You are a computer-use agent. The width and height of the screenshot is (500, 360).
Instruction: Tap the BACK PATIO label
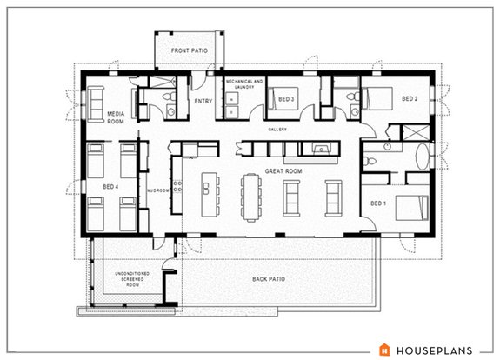[269, 278]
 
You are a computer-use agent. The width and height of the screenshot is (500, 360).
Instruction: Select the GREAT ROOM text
[283, 172]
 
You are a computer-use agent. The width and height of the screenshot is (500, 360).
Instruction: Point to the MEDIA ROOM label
[117, 118]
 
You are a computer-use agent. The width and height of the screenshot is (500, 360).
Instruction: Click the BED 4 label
[110, 185]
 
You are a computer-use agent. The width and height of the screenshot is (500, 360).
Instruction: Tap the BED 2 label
[410, 99]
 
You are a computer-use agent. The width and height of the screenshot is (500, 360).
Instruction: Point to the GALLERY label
[277, 130]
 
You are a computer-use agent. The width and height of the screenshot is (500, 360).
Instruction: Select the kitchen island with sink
[209, 191]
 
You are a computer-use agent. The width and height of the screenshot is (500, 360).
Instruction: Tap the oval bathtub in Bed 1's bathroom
[423, 159]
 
